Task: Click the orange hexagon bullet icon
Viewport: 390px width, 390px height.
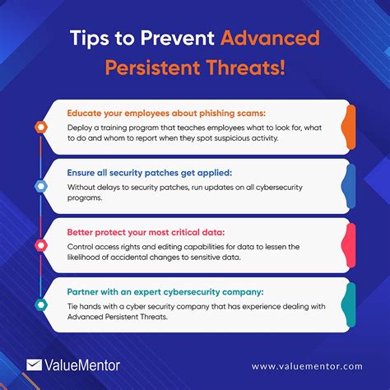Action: pos(40,128)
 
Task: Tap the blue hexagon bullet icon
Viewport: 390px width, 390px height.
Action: pos(40,187)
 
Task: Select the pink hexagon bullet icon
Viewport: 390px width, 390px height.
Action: pos(40,245)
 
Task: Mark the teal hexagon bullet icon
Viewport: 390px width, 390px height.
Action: pos(40,304)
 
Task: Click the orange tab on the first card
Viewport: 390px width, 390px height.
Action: pos(349,128)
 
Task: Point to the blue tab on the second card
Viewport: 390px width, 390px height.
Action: pos(349,187)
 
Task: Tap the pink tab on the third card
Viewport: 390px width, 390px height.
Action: pos(349,245)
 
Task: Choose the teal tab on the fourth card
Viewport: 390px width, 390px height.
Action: pos(349,304)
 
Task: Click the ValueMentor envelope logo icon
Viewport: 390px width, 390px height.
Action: pos(35,363)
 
